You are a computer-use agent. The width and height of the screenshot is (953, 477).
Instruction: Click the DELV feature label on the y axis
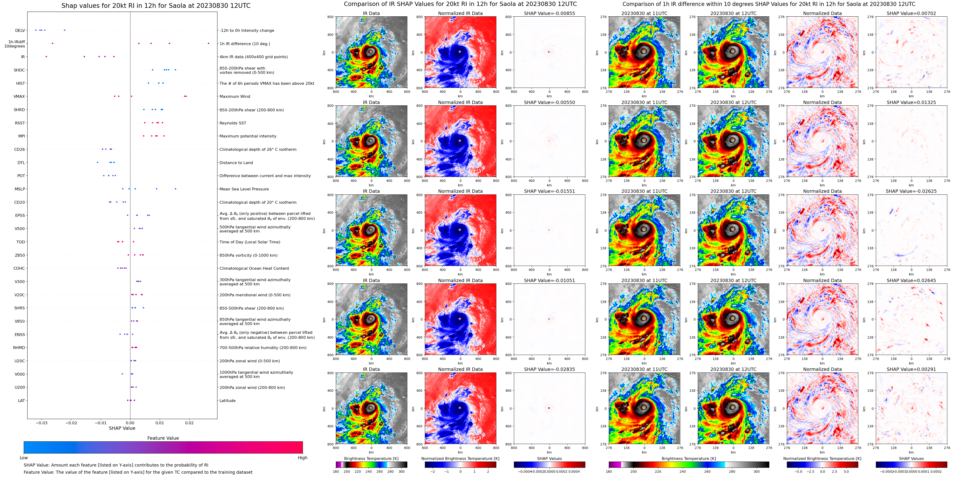tap(20, 30)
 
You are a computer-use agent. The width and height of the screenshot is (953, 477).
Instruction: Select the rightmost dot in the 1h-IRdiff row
tap(209, 43)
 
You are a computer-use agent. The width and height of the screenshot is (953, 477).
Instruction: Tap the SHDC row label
tap(19, 70)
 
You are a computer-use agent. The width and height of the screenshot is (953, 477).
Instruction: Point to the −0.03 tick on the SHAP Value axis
tap(42, 423)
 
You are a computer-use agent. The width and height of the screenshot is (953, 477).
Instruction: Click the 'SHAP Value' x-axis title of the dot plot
tap(122, 428)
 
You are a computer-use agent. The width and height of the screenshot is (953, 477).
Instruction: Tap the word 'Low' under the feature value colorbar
tap(24, 458)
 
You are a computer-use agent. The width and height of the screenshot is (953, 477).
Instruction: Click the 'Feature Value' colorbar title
tap(163, 438)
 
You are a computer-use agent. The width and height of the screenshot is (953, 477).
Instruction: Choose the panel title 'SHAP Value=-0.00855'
tap(549, 13)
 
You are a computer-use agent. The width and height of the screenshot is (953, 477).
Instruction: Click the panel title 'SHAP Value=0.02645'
tap(911, 280)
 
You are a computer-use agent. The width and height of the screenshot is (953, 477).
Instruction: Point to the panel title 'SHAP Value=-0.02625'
tap(911, 191)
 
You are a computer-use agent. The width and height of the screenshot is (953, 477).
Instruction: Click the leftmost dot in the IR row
tap(46, 57)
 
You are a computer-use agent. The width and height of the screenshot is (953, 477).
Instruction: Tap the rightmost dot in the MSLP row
tap(175, 189)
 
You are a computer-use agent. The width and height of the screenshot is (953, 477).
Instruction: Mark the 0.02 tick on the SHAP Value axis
tap(189, 423)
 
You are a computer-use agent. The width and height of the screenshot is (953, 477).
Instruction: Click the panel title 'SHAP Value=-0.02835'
tap(549, 369)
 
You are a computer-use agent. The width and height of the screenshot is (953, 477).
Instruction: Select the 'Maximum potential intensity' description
tap(248, 136)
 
